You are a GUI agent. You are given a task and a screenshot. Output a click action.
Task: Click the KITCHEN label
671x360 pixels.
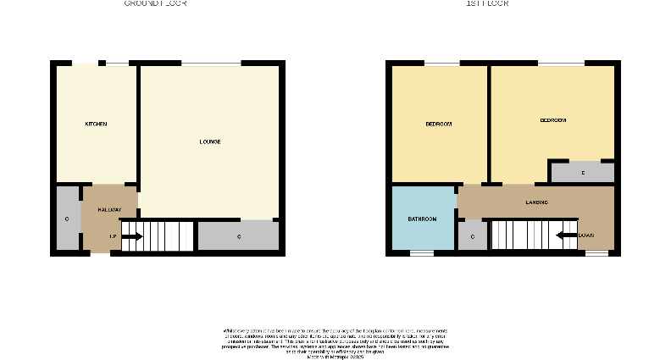96,125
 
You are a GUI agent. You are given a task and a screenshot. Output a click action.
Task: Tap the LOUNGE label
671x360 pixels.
210,141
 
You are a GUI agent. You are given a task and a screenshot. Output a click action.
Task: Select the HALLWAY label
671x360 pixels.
109,209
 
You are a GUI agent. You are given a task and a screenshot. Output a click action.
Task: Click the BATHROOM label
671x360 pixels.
423,219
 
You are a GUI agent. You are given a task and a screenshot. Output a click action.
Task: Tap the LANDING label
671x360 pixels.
536,202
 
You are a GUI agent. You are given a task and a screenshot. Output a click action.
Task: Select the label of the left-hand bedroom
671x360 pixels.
438,125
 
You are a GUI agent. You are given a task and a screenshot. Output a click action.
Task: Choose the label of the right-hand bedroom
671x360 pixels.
552,121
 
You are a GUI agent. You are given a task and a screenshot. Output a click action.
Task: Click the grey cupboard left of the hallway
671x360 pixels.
67,219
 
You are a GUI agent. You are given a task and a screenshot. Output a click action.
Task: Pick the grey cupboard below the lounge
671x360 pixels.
238,235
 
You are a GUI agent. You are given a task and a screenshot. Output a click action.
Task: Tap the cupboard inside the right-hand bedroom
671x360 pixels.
582,173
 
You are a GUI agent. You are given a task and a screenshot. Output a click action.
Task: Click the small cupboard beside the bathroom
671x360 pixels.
472,235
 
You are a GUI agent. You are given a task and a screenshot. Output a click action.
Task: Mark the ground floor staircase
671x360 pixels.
158,236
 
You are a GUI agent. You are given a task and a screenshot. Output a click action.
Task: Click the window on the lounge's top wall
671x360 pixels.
211,64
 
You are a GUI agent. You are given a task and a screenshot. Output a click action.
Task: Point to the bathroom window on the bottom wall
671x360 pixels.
422,252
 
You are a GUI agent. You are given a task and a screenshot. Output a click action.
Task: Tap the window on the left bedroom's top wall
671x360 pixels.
441,64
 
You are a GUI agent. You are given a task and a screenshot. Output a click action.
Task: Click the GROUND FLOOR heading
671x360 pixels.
155,3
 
